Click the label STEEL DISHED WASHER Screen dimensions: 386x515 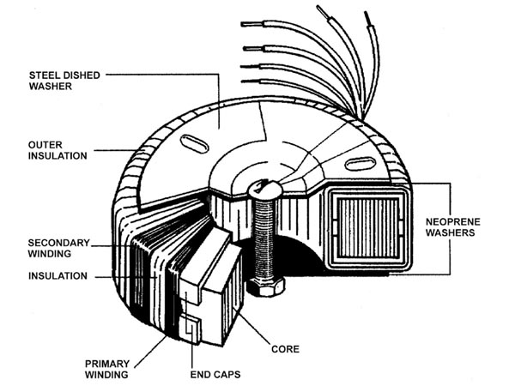point(64,80)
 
